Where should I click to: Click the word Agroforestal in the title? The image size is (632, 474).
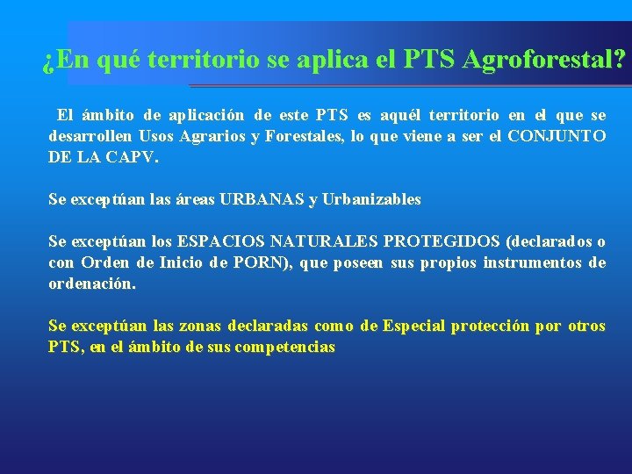(543, 61)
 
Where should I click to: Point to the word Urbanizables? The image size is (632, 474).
(372, 199)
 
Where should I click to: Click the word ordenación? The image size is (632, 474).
(92, 284)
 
